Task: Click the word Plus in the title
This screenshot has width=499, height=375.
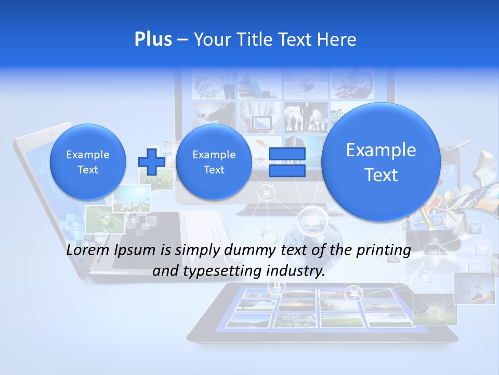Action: point(153,40)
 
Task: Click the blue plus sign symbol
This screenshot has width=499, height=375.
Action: point(151,162)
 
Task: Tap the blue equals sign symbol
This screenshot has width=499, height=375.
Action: point(286,162)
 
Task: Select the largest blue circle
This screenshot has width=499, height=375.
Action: point(381,162)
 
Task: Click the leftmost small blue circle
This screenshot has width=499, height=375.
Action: point(87,162)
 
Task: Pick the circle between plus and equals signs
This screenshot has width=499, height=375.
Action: point(214,162)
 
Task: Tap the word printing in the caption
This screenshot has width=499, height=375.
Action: point(385,251)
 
